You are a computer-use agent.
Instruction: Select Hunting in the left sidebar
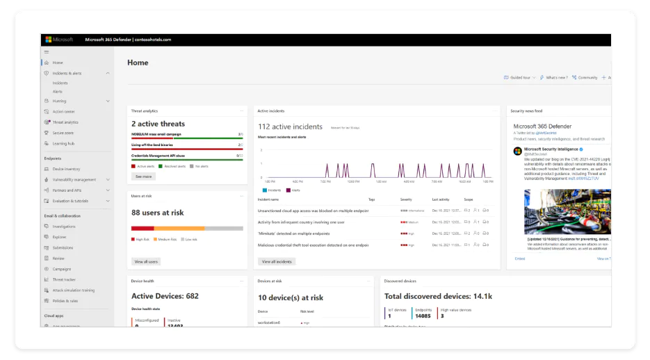(x=60, y=101)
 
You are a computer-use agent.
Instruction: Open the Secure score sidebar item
(x=63, y=133)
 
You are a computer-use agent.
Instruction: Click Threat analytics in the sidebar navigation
(x=65, y=122)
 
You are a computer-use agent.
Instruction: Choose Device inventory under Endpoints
(x=66, y=168)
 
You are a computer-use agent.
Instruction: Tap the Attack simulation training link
(x=73, y=290)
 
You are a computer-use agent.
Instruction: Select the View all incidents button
(x=277, y=261)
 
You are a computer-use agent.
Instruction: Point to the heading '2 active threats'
(x=158, y=124)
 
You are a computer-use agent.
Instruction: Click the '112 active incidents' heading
(x=290, y=126)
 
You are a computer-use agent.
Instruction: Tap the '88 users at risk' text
(x=157, y=213)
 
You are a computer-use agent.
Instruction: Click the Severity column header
(x=406, y=199)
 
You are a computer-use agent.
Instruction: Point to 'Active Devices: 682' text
(x=165, y=296)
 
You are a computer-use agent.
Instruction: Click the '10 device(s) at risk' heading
(x=290, y=297)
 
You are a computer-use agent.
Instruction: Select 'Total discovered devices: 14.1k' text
(x=438, y=297)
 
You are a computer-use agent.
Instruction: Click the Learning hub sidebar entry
(x=63, y=144)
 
